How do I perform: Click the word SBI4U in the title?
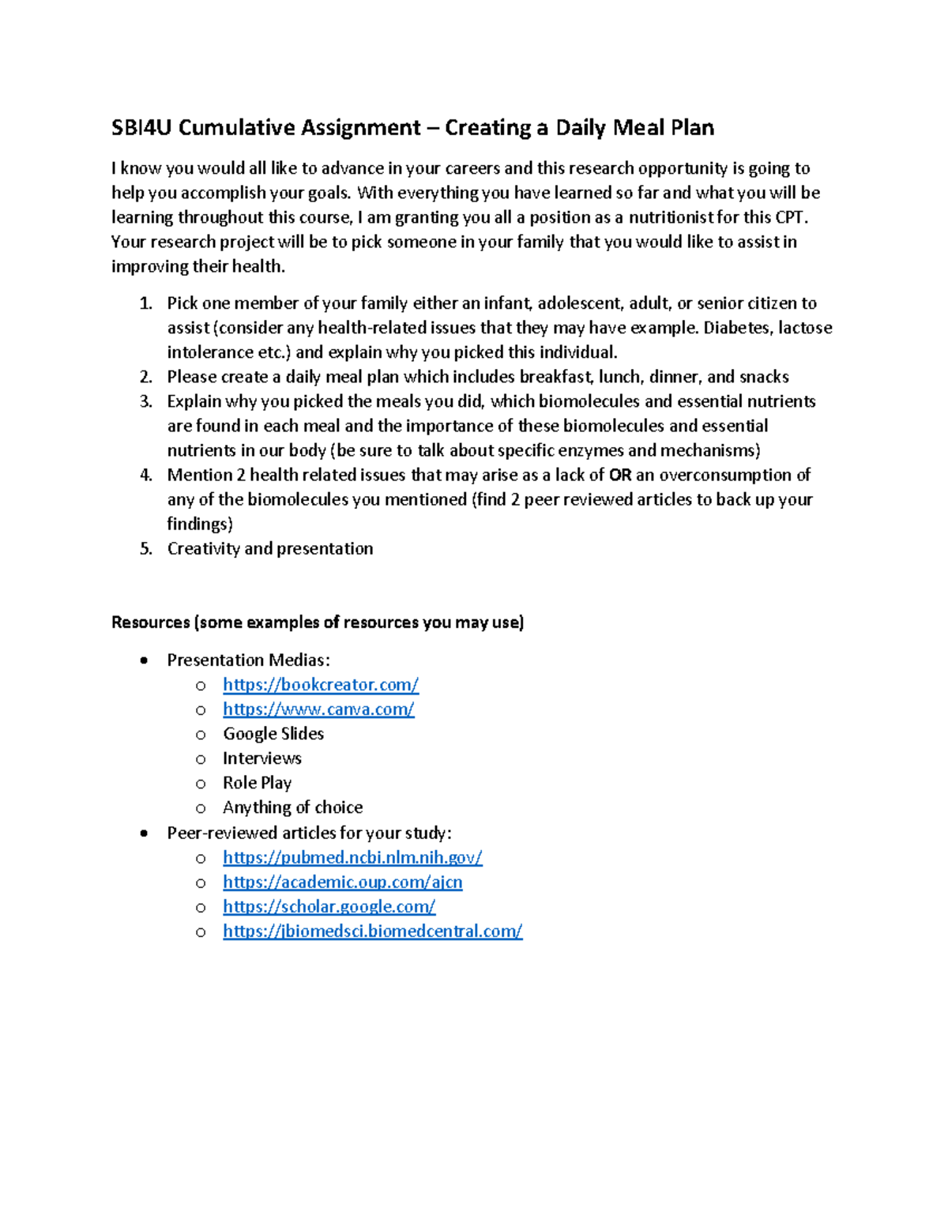[141, 128]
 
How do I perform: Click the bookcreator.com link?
[320, 684]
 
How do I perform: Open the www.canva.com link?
[318, 709]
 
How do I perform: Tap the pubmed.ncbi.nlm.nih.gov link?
[352, 857]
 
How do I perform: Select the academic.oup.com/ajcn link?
[342, 882]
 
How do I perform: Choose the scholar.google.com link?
[329, 906]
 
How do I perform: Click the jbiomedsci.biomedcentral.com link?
[372, 931]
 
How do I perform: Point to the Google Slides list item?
[273, 733]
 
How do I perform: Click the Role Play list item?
[257, 782]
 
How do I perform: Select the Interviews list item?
[261, 758]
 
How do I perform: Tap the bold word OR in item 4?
[620, 475]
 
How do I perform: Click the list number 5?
[145, 548]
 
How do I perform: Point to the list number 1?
[145, 303]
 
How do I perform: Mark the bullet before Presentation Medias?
[143, 661]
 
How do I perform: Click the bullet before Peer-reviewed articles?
[143, 833]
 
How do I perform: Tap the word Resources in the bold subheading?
[149, 623]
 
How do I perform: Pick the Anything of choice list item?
[292, 807]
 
